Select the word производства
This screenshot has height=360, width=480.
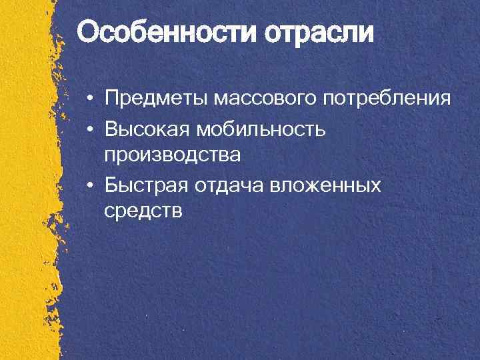pyautogui.click(x=172, y=155)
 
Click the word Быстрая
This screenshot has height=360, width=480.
pyautogui.click(x=147, y=185)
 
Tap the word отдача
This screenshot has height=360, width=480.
pyautogui.click(x=230, y=185)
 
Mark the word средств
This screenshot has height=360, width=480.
pyautogui.click(x=143, y=211)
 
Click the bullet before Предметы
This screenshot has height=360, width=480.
pyautogui.click(x=89, y=100)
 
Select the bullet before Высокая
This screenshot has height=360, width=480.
pyautogui.click(x=89, y=129)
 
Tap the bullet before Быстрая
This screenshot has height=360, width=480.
pyautogui.click(x=89, y=185)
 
